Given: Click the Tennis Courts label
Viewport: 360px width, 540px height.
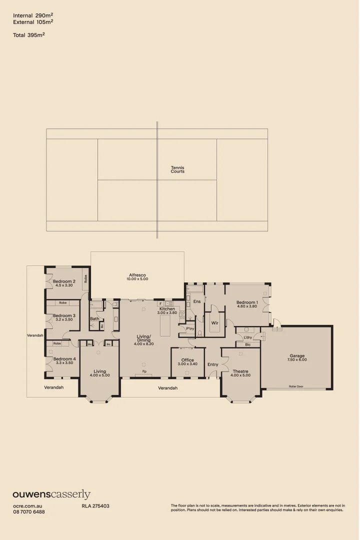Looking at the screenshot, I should (x=177, y=169).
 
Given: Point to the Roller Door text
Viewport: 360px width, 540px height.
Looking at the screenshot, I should (x=296, y=386).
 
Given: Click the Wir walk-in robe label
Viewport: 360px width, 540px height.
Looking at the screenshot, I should (x=215, y=323).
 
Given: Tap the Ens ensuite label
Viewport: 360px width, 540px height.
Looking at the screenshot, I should (x=197, y=301).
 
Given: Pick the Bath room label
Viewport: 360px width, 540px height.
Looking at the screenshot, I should (x=94, y=318).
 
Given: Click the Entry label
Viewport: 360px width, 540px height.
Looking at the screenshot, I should (x=213, y=364).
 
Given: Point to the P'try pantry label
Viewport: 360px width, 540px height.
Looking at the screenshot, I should (x=190, y=328).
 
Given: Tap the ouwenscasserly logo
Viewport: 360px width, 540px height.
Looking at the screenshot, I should (x=51, y=495).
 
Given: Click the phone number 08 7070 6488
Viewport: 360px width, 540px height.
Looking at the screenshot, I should (x=29, y=512).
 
